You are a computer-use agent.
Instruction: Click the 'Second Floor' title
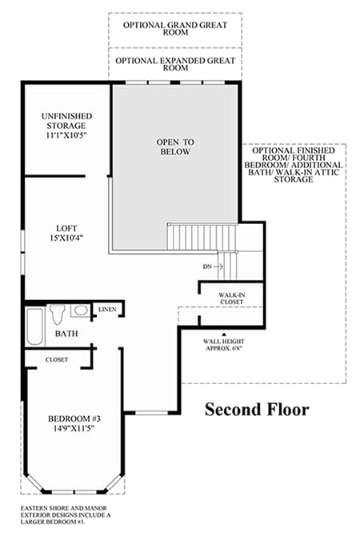click(257, 410)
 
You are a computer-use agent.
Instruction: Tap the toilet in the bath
click(57, 315)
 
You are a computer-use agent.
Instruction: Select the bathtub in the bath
click(35, 327)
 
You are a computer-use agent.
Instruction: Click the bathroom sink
click(81, 311)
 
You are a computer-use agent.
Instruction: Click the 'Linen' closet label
click(107, 310)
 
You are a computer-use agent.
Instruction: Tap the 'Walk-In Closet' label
click(232, 299)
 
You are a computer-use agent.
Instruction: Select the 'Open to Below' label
click(175, 147)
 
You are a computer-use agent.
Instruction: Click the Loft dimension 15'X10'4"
click(66, 238)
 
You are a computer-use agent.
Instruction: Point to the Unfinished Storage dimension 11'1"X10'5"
click(66, 135)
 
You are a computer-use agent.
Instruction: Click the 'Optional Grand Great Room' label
click(175, 29)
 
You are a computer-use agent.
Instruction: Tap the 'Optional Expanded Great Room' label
click(175, 64)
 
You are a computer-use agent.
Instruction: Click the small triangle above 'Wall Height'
click(224, 334)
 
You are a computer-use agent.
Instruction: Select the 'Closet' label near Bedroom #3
click(57, 359)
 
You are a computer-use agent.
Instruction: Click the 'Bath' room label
click(66, 334)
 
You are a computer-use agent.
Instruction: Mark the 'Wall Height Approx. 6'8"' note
click(223, 345)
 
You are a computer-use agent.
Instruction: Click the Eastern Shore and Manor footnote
click(66, 515)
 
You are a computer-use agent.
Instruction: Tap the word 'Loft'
click(66, 228)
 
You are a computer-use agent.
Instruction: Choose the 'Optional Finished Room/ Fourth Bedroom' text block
click(294, 165)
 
